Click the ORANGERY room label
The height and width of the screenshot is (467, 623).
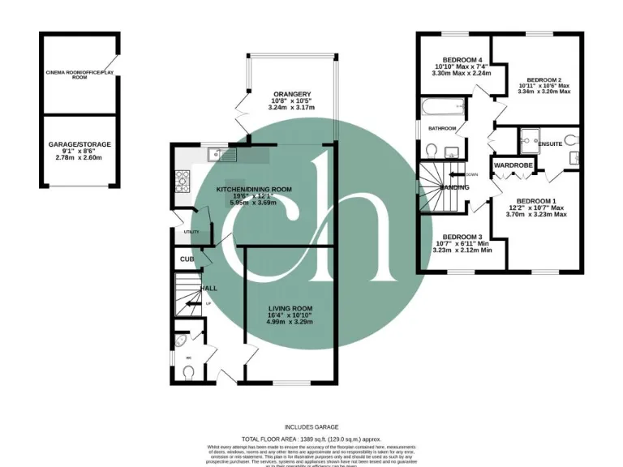(289, 94)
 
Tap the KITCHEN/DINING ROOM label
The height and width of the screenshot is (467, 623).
(253, 190)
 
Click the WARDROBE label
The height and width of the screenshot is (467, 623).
(513, 165)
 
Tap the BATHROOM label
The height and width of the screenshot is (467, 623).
(436, 128)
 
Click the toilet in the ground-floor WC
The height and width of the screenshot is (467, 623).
(188, 372)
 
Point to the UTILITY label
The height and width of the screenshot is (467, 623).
(191, 232)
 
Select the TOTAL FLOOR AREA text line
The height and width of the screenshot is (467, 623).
(311, 438)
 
